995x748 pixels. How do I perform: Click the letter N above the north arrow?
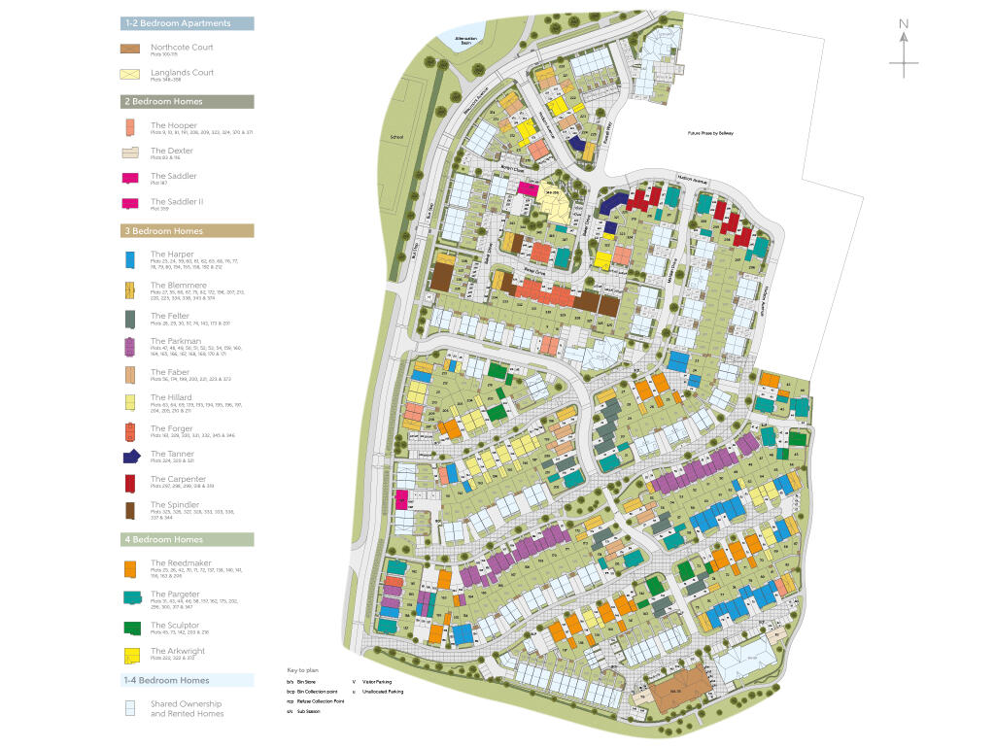coord(904,24)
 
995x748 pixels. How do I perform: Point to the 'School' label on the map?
coord(395,138)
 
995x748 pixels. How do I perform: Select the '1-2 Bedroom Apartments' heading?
coord(188,22)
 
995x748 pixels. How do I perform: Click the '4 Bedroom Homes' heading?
coord(188,539)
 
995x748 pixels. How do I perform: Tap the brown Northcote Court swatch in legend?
coord(131,49)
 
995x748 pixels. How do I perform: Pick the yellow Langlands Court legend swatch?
coord(131,75)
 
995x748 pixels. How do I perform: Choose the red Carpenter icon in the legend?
coord(130,482)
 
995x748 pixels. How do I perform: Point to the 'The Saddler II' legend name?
coord(177,201)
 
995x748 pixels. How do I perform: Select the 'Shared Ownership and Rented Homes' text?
coord(186,708)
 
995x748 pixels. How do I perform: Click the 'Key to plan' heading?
coord(304,670)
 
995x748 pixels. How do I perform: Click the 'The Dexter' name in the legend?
coord(172,151)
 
